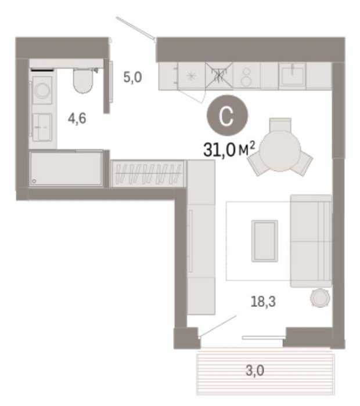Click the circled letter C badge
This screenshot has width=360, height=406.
pos(227,115)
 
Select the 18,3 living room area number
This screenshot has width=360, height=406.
pos(263,302)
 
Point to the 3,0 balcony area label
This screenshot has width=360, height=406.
pos(255,370)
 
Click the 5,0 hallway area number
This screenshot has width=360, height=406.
pos(132,77)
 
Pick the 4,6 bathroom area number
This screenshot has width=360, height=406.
pos(77,118)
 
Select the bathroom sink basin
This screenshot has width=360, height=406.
pos(42,127)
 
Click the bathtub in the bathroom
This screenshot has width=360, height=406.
pos(66,168)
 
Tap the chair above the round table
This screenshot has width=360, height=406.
pos(280,125)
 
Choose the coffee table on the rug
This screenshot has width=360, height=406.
pos(264,241)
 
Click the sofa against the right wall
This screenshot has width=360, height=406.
pos(311,241)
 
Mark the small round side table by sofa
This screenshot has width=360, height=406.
pos(320,298)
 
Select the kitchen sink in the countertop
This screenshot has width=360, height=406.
pos(292,74)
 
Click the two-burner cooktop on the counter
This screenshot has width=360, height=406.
pos(246,77)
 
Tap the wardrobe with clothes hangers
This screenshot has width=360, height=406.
pos(147,173)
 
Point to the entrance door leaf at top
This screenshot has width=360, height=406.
pos(135,28)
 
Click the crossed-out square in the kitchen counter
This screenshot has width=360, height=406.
pos(219,76)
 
